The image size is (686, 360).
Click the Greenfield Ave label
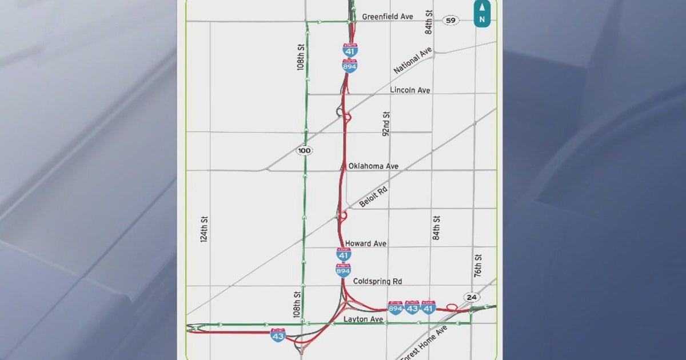click(x=387, y=17)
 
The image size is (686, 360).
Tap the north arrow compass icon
click(x=482, y=13)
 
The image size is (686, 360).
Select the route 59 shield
click(x=451, y=21)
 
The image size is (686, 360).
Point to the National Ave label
click(x=413, y=61)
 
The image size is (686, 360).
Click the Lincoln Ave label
click(x=410, y=90)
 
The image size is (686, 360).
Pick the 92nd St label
click(x=386, y=123)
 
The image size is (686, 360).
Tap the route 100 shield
click(x=304, y=150)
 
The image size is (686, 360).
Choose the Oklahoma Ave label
click(x=373, y=166)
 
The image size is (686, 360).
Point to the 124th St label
click(x=204, y=230)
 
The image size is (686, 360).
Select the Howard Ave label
click(x=365, y=243)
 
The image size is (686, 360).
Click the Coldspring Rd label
click(x=377, y=281)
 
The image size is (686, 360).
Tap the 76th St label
click(x=478, y=266)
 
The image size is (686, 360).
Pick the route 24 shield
click(x=471, y=297)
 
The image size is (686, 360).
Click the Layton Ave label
click(x=363, y=319)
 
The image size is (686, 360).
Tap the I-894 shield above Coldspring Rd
click(x=343, y=270)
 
